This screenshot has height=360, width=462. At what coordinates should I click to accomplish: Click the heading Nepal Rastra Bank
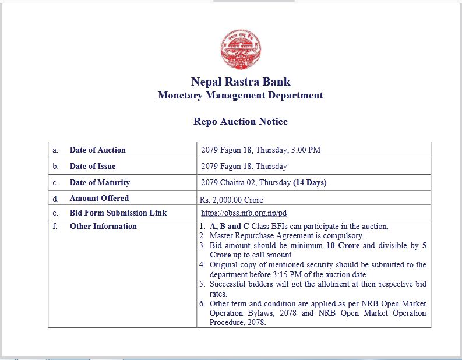click(241, 82)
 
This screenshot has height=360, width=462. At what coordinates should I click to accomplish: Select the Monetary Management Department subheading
click(240, 95)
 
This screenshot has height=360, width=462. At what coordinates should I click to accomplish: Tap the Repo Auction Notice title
click(240, 121)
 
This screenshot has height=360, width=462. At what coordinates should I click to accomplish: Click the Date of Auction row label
click(97, 150)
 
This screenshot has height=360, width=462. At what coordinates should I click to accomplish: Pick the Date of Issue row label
click(93, 166)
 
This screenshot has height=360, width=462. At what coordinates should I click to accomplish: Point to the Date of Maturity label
click(100, 182)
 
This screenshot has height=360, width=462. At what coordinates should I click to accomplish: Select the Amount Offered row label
click(99, 198)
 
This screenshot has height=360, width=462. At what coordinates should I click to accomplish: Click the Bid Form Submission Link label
click(118, 213)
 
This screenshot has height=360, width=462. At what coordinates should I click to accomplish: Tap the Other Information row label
click(103, 226)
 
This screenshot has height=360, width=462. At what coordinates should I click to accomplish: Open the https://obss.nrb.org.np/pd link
click(244, 213)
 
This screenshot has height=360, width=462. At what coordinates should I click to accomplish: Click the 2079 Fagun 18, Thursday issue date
click(244, 166)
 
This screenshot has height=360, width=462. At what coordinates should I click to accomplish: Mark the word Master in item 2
click(223, 236)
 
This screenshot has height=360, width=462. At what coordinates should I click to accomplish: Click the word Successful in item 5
click(229, 284)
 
